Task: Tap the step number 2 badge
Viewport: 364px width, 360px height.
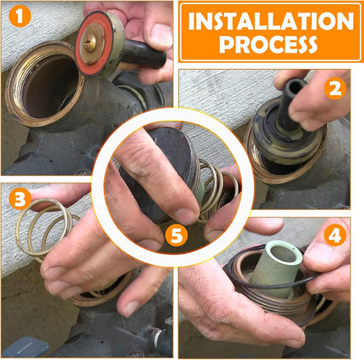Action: tap(337, 89)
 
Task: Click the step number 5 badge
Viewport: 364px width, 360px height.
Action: tap(176, 236)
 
